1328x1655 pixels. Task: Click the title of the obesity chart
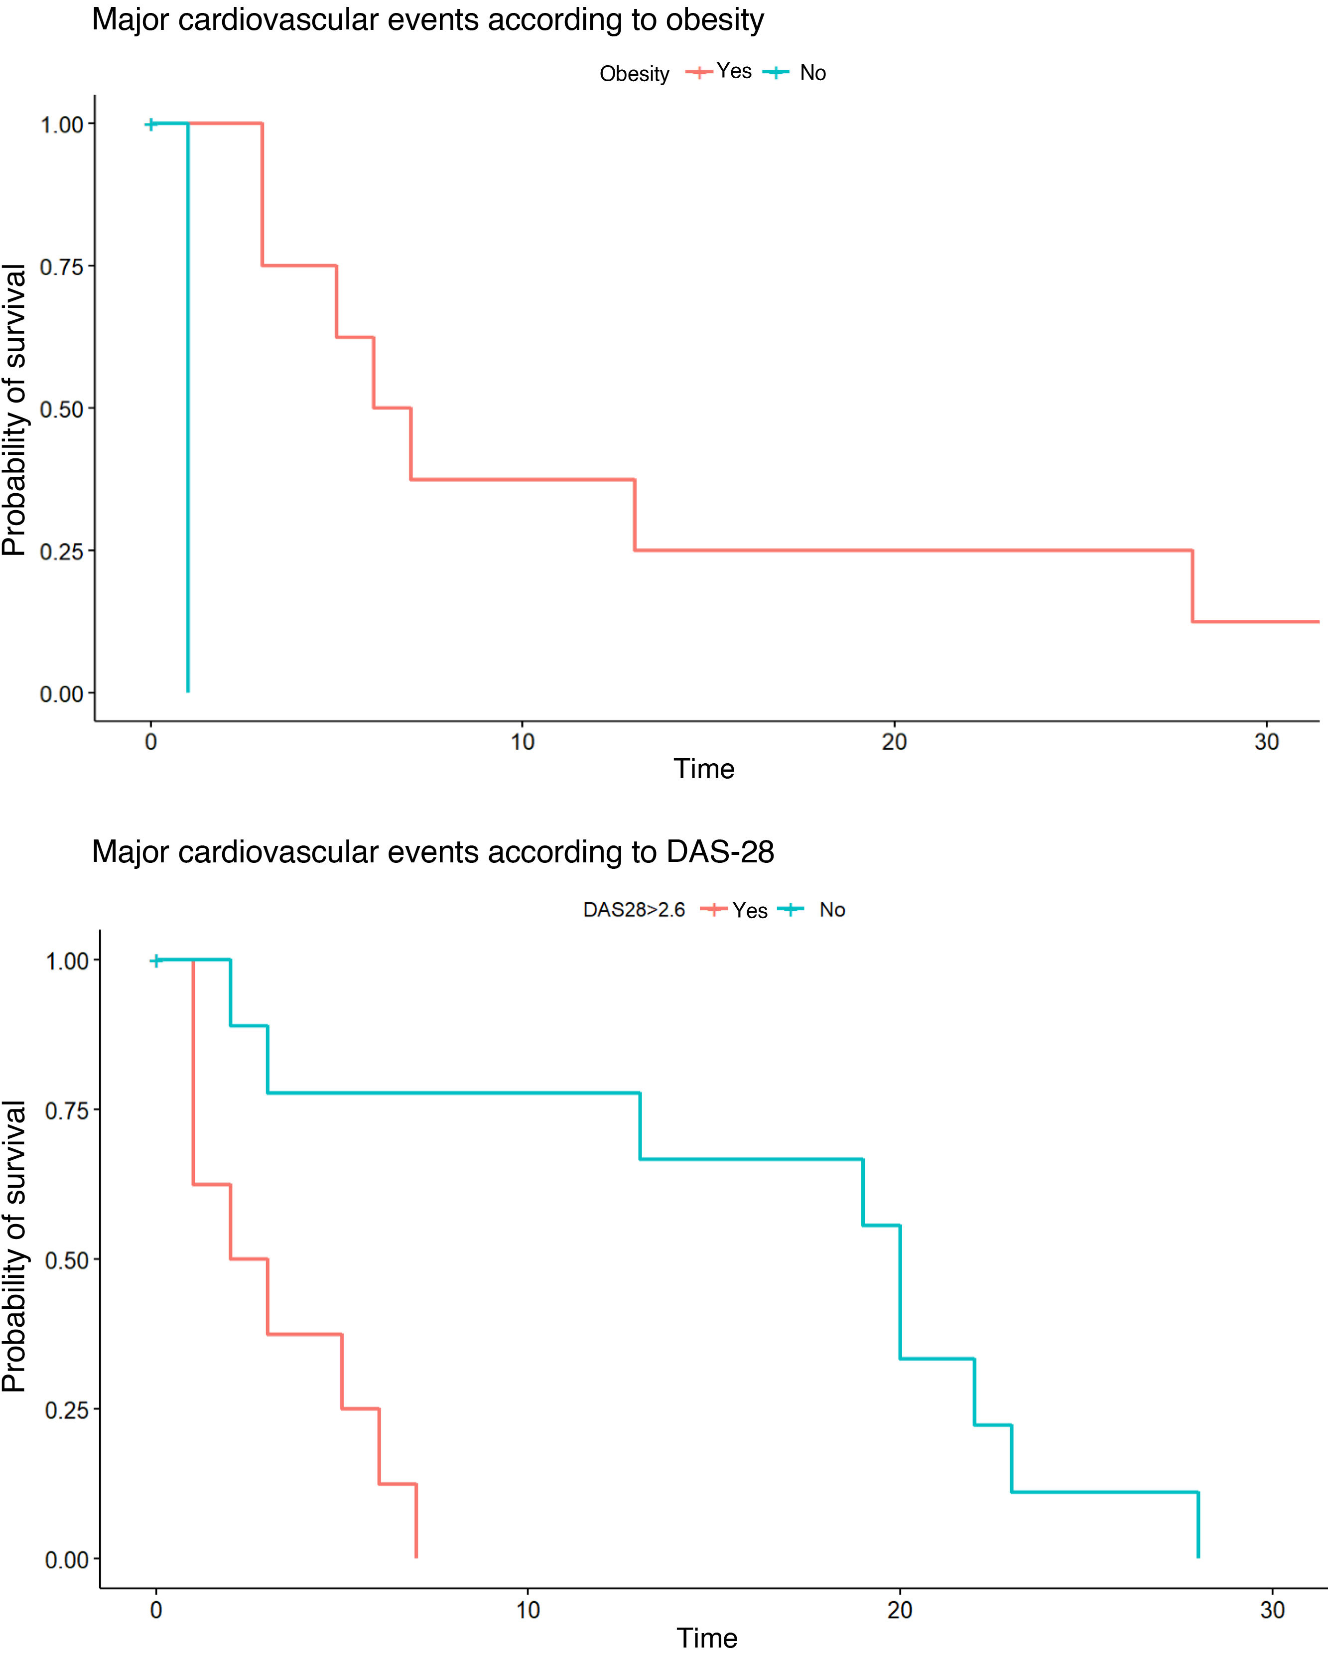coord(427,20)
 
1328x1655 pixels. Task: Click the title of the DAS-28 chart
coord(433,851)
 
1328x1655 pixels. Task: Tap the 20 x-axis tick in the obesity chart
coord(894,742)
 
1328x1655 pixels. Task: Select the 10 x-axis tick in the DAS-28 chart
coord(528,1610)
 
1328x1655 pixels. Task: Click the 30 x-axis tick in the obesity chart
coord(1267,742)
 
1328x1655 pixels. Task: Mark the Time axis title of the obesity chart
coord(704,769)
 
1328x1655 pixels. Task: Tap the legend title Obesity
coord(634,74)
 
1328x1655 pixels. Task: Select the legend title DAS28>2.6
coord(634,910)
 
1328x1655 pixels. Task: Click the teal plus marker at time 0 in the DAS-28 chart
coord(156,961)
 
